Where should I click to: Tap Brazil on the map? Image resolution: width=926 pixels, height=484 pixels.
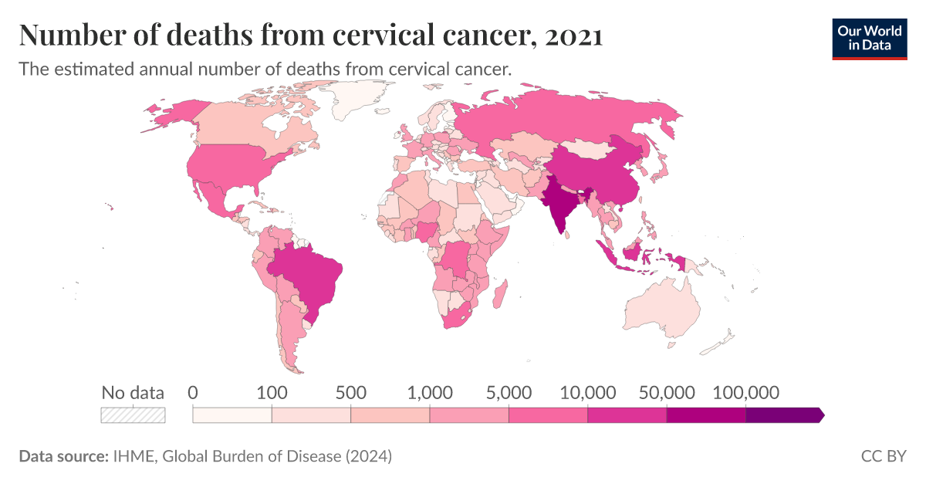pyautogui.click(x=309, y=274)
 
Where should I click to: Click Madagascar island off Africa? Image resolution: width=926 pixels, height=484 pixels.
pyautogui.click(x=501, y=296)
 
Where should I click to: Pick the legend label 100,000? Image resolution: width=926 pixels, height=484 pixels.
pyautogui.click(x=745, y=392)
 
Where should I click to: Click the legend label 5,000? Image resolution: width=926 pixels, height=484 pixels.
pyautogui.click(x=509, y=392)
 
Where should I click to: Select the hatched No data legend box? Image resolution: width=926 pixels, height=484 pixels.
pyautogui.click(x=133, y=415)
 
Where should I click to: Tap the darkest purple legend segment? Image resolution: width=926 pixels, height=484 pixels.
pyautogui.click(x=783, y=415)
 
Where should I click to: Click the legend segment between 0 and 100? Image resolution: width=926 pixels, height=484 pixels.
pyautogui.click(x=232, y=415)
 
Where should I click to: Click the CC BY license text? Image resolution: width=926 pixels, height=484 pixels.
pyautogui.click(x=884, y=456)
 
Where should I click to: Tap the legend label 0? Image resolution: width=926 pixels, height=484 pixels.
pyautogui.click(x=193, y=392)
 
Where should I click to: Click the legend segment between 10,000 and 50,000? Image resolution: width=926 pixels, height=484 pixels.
pyautogui.click(x=627, y=415)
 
